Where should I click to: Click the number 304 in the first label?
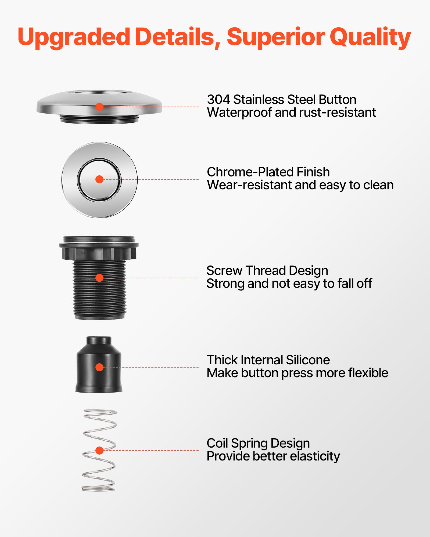tap(218, 100)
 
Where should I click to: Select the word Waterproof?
tap(239, 113)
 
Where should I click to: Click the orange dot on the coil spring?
tap(99, 451)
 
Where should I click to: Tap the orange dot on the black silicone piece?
tap(99, 367)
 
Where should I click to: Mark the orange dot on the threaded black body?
tap(99, 278)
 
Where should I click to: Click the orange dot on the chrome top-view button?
tap(99, 179)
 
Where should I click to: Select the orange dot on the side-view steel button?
tap(99, 107)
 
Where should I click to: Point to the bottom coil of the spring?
tap(98, 488)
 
